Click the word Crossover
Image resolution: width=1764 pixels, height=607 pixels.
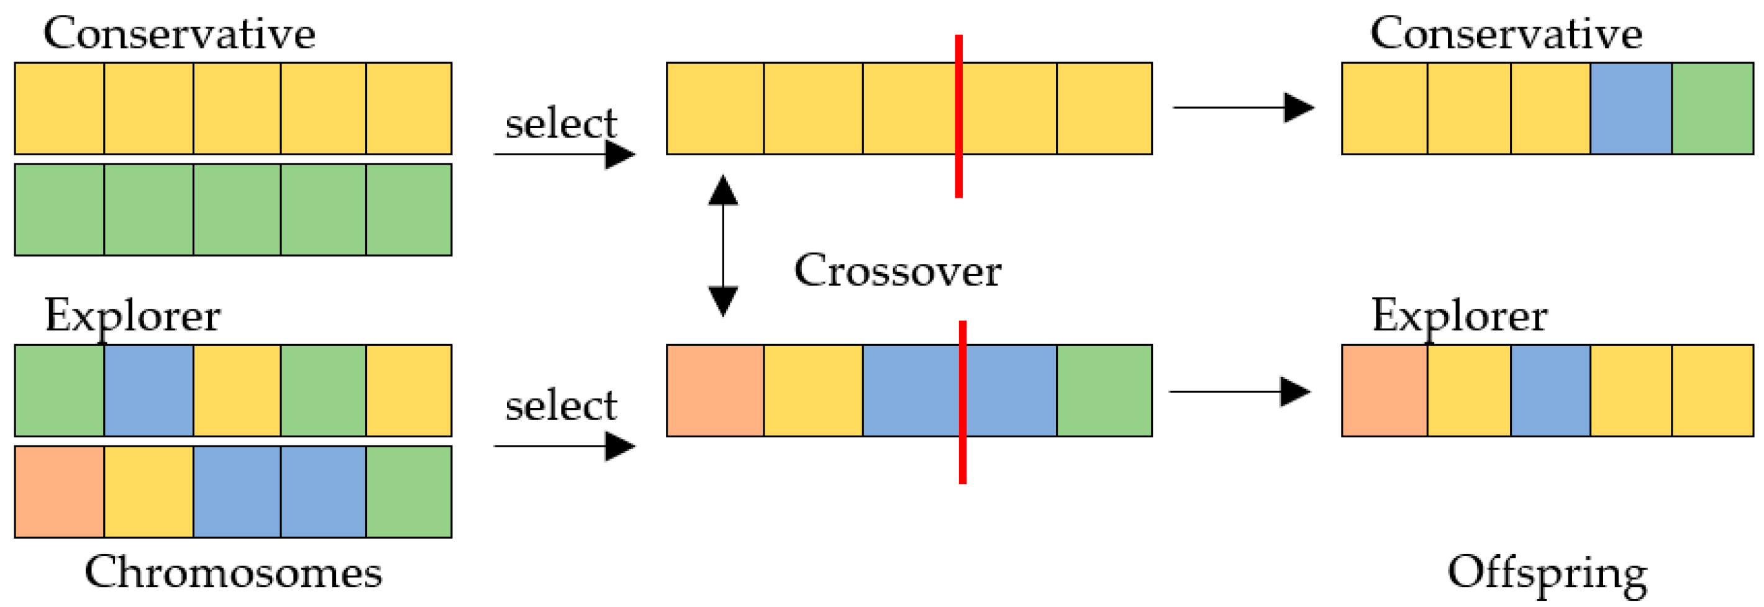tap(897, 271)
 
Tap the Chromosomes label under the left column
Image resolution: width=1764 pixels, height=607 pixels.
tap(233, 572)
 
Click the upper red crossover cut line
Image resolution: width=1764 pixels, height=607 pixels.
tap(958, 116)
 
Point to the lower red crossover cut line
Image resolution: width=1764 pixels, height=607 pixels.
tap(962, 402)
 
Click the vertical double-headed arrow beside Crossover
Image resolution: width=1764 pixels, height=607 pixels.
tap(723, 245)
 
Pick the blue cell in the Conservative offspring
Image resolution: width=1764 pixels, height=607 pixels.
tap(1630, 108)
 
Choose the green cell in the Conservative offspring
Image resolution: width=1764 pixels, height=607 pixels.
tap(1712, 108)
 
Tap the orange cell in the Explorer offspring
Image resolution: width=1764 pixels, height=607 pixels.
tap(1384, 391)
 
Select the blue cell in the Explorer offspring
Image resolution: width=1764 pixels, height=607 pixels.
tap(1550, 391)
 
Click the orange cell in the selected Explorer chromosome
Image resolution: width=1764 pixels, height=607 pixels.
tap(715, 391)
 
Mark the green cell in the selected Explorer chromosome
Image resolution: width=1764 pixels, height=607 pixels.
tap(1104, 391)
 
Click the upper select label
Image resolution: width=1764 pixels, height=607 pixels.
tap(561, 123)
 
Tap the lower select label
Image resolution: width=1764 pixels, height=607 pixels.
tap(561, 406)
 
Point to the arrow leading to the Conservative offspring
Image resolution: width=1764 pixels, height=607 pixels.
tap(1243, 107)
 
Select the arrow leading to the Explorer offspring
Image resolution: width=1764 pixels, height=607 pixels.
tap(1239, 391)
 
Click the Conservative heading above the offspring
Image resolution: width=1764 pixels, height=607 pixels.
tap(1506, 33)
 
